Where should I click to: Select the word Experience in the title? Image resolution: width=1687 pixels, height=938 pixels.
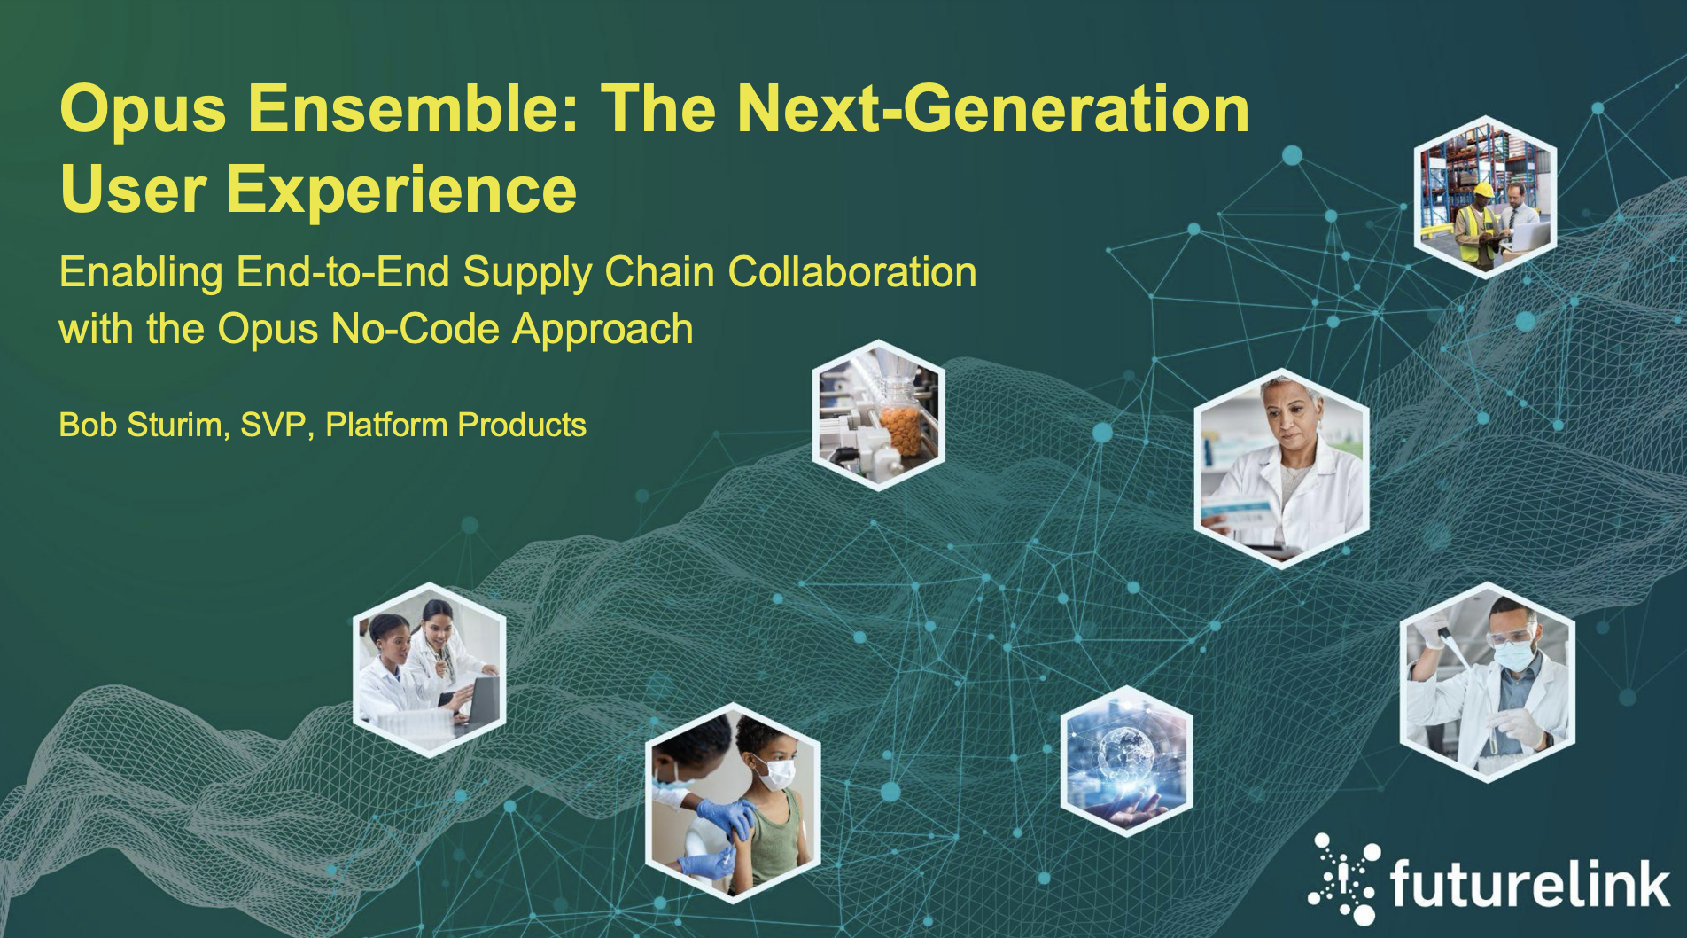click(x=400, y=191)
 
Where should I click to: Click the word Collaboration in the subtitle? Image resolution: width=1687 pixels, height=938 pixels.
click(x=852, y=272)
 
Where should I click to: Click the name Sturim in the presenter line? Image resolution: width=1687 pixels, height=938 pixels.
click(x=179, y=426)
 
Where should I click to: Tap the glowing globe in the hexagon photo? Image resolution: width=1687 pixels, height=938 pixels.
click(x=1125, y=753)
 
